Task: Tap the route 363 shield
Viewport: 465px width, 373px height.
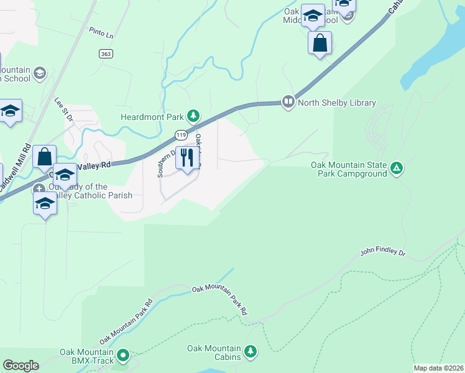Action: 106,53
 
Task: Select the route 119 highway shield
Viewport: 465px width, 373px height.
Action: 181,135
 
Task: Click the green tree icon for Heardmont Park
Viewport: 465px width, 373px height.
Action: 194,116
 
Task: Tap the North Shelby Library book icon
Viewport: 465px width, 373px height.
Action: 288,101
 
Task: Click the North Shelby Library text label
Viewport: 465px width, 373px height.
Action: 337,103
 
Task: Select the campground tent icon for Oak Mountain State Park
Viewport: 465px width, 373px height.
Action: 397,168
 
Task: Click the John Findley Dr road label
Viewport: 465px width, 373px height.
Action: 383,254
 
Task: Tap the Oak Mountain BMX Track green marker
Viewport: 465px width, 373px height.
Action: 123,356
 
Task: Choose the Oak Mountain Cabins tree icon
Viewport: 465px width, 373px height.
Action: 251,352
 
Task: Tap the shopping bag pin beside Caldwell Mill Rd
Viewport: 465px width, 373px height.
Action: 45,156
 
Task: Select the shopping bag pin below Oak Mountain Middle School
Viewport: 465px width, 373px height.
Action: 320,43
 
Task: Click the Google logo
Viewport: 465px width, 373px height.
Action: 21,366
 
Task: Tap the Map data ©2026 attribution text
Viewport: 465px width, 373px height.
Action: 438,368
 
